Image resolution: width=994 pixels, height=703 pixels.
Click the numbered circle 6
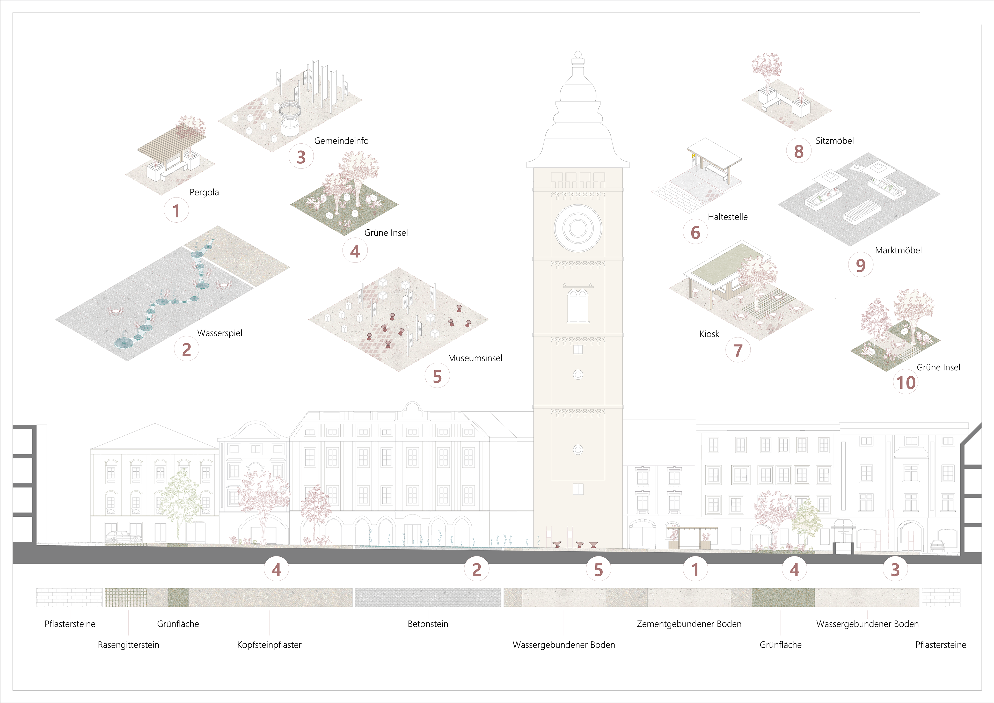[695, 232]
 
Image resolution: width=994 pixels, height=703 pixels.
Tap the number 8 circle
[798, 151]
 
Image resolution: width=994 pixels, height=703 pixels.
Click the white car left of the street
[124, 537]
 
